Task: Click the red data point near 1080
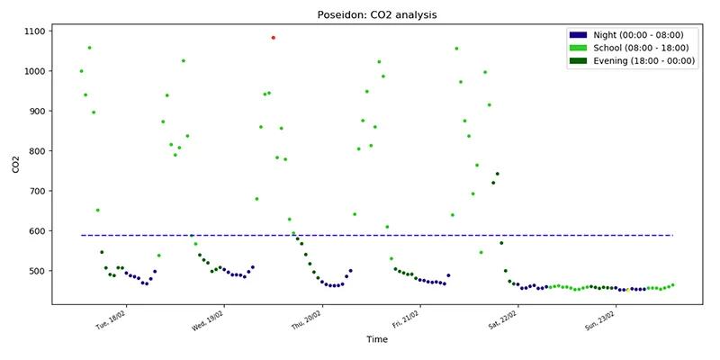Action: [274, 38]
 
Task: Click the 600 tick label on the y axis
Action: [36, 231]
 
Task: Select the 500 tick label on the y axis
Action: [36, 271]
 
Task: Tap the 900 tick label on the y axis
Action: [36, 112]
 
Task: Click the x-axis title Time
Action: [376, 339]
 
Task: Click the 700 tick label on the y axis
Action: [36, 191]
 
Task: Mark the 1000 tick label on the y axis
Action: [33, 71]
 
